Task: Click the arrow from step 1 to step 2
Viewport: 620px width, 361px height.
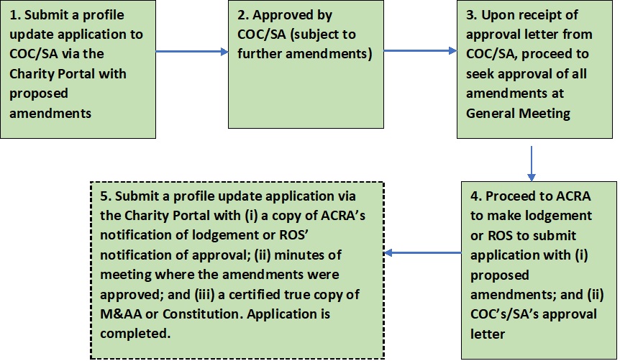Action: tap(192, 51)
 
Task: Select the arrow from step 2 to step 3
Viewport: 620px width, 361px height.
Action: tap(420, 50)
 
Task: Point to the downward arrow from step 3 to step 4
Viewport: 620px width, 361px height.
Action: tap(532, 164)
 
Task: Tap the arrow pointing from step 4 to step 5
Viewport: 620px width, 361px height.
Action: tap(423, 252)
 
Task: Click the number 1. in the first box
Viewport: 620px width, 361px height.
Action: tap(15, 15)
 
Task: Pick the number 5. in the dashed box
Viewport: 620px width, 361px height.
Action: tap(106, 196)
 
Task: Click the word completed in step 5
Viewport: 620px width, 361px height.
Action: tap(135, 334)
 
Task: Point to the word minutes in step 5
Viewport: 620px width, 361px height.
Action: tap(299, 255)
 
